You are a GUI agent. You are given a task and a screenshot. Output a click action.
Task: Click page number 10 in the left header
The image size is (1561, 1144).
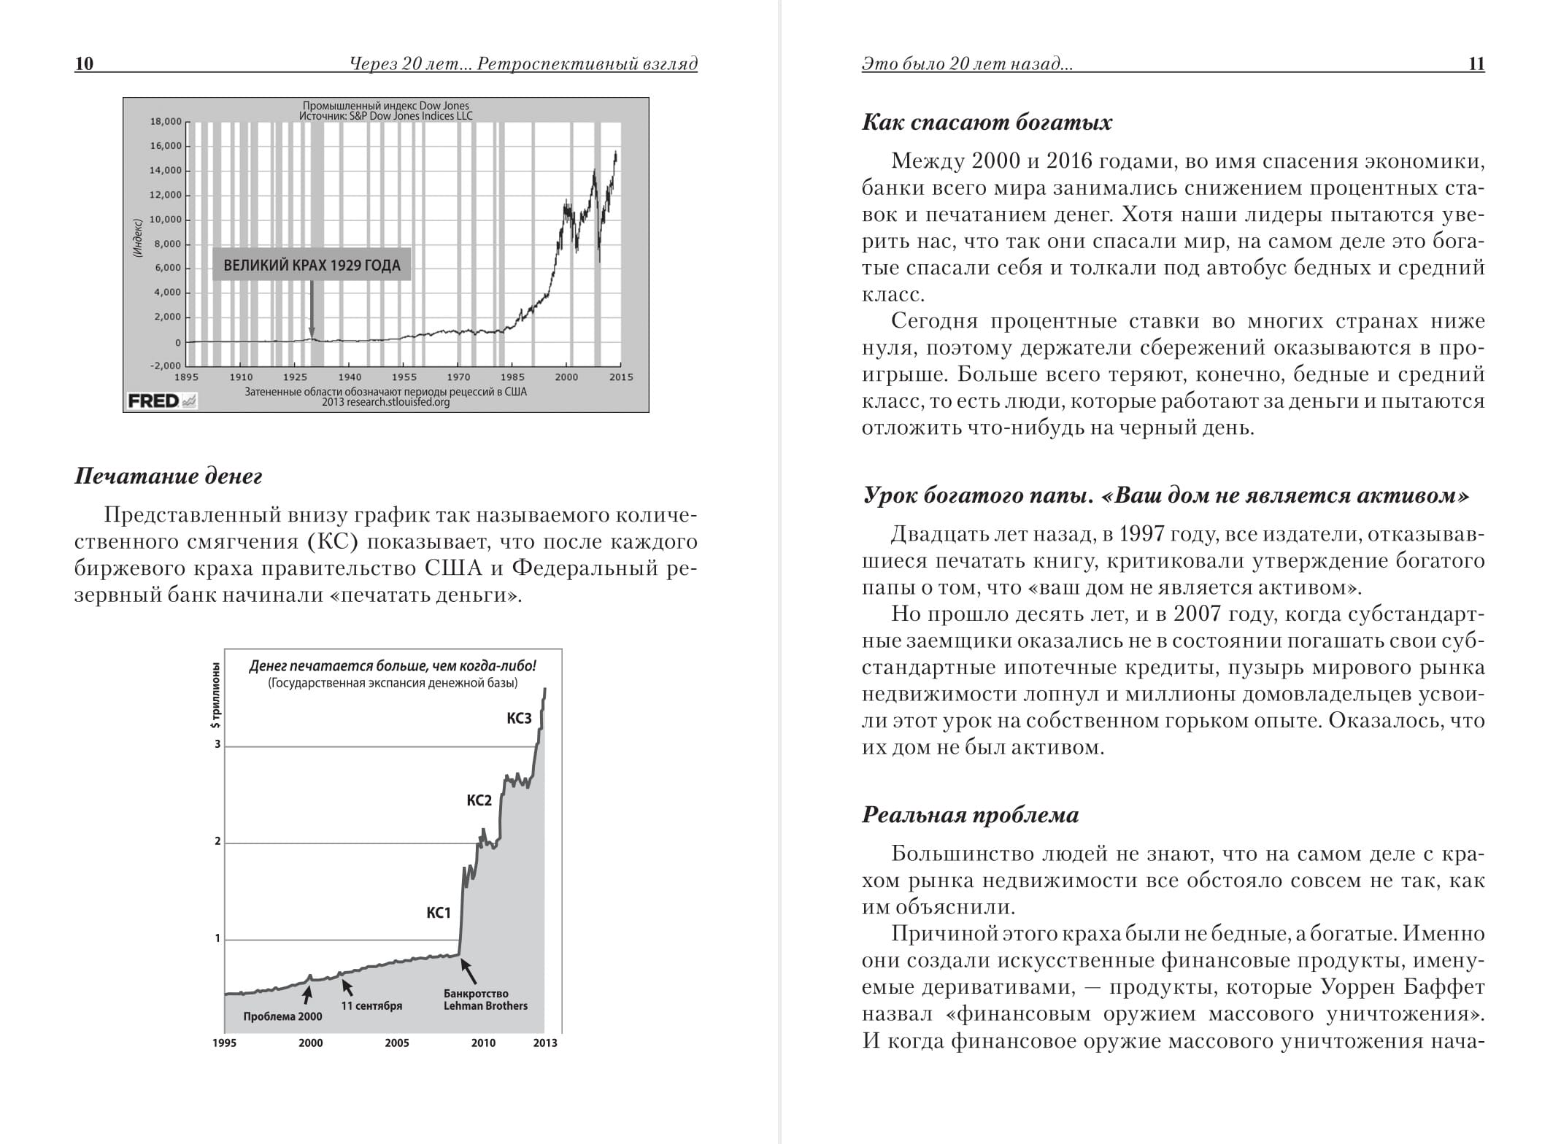click(x=84, y=63)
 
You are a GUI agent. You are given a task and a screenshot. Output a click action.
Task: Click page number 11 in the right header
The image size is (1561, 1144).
click(x=1476, y=63)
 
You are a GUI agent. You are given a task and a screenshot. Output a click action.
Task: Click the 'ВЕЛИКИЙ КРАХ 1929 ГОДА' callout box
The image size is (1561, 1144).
click(x=312, y=265)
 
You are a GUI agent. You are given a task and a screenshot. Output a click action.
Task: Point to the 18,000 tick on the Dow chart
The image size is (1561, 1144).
click(x=166, y=122)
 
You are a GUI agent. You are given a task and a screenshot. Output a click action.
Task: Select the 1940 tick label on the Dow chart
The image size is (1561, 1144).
click(x=350, y=377)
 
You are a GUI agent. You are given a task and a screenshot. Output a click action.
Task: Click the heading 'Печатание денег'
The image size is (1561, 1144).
click(x=168, y=476)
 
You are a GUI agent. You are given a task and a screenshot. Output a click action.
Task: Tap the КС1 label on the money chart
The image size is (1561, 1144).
click(x=439, y=913)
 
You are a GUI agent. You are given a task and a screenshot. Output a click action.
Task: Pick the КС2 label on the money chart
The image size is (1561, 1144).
click(x=479, y=800)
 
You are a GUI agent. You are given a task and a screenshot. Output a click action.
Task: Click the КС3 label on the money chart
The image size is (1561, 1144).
click(x=519, y=719)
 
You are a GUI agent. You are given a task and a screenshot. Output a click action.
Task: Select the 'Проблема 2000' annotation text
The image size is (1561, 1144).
click(x=282, y=1017)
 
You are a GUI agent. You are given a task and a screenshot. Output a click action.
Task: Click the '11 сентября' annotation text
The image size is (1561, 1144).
click(x=371, y=1005)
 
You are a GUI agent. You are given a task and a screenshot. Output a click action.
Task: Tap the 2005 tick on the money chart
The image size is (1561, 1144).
click(x=397, y=1043)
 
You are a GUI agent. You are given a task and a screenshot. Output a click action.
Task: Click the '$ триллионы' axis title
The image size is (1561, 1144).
click(x=215, y=695)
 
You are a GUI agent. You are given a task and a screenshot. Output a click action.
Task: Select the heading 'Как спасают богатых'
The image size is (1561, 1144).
click(x=987, y=122)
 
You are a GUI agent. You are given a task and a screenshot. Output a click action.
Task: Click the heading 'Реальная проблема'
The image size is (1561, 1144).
click(x=970, y=815)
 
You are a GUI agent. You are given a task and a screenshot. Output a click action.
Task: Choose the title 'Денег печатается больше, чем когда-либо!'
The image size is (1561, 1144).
click(x=393, y=666)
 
